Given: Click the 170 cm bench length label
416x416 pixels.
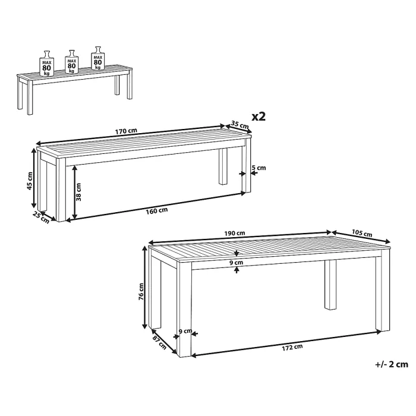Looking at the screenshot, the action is pyautogui.click(x=126, y=131).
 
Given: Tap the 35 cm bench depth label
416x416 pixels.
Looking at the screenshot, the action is pyautogui.click(x=240, y=124).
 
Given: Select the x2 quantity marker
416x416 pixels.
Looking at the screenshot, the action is pyautogui.click(x=259, y=116).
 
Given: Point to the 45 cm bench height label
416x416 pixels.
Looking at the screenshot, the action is pyautogui.click(x=30, y=181).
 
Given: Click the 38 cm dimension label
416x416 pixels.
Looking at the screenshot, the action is pyautogui.click(x=78, y=192).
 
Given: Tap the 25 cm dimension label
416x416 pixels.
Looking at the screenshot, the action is pyautogui.click(x=41, y=217).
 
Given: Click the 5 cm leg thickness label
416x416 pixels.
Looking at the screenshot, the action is pyautogui.click(x=259, y=168).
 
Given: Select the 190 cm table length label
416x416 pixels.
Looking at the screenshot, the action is pyautogui.click(x=235, y=233).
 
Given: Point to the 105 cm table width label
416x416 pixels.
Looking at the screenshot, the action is pyautogui.click(x=362, y=233).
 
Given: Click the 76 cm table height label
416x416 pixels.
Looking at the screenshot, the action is pyautogui.click(x=141, y=292).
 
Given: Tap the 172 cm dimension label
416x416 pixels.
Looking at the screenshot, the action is pyautogui.click(x=292, y=348).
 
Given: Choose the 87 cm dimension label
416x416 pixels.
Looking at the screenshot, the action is pyautogui.click(x=159, y=342).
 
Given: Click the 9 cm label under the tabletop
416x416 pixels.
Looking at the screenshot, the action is pyautogui.click(x=237, y=263).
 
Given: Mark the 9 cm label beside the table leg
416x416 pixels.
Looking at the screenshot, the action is pyautogui.click(x=185, y=331).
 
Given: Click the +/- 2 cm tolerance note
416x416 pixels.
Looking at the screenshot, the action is pyautogui.click(x=392, y=364).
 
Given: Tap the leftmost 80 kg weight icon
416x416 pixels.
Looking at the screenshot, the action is pyautogui.click(x=47, y=63).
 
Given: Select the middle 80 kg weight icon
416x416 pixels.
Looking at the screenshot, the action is pyautogui.click(x=72, y=62).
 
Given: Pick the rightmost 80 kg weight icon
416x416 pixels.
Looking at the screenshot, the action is pyautogui.click(x=98, y=58).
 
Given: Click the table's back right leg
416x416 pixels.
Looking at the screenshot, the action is pyautogui.click(x=330, y=285).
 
